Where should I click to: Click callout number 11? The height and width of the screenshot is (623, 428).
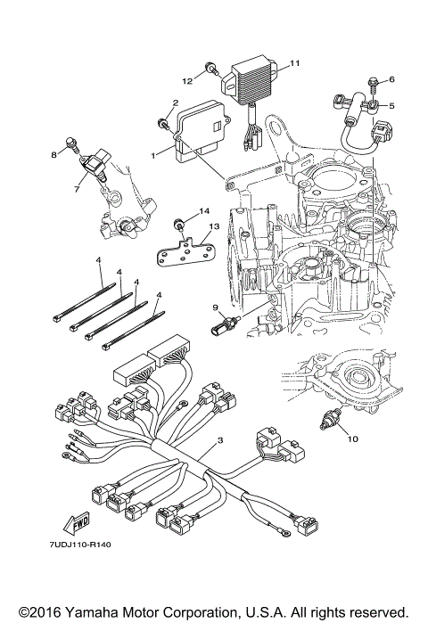pos(294,63)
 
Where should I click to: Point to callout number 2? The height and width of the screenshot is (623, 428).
pos(176,102)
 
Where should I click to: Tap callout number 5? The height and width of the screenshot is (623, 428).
pos(391,106)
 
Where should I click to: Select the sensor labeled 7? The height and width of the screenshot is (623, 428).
pos(95,166)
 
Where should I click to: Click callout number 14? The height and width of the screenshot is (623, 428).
pos(204,211)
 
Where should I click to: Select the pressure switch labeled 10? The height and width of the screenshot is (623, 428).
pos(330,418)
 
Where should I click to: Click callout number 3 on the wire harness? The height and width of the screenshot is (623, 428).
pos(219,440)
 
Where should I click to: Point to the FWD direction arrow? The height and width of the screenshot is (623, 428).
pos(77,521)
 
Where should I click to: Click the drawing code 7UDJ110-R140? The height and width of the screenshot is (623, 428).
pos(80,545)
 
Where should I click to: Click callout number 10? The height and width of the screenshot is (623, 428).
pos(353,439)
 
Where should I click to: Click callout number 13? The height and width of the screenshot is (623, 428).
pos(214,226)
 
